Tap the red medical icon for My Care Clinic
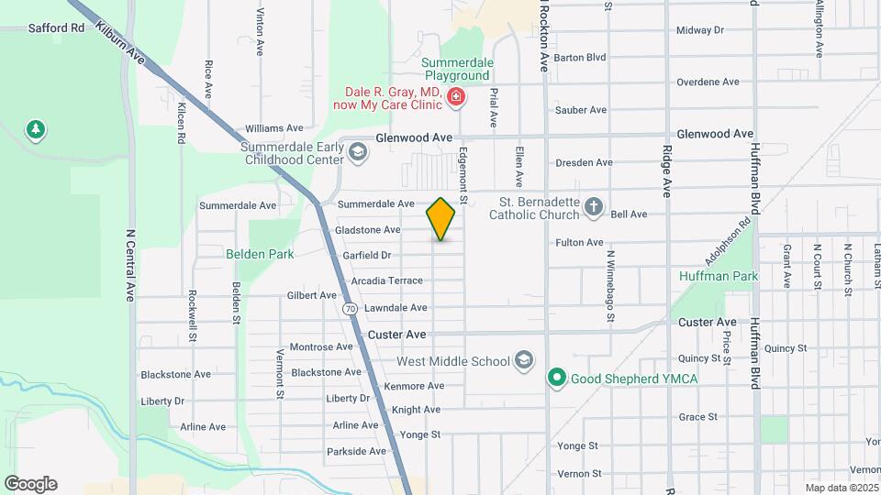click(455, 97)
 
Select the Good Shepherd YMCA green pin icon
click(555, 377)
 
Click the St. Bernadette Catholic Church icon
click(594, 207)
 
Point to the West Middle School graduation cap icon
click(524, 360)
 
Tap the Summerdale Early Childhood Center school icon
click(357, 153)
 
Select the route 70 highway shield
click(351, 309)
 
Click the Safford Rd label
click(56, 28)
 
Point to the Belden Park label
click(260, 254)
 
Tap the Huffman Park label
click(719, 275)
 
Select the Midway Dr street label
click(699, 30)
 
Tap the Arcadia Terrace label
click(386, 280)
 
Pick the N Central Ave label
click(131, 266)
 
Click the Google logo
click(30, 483)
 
